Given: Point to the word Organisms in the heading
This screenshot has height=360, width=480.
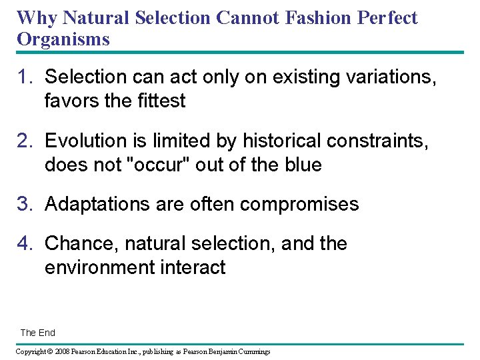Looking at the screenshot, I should (x=63, y=39).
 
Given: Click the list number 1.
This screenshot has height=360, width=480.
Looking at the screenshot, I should (x=25, y=77).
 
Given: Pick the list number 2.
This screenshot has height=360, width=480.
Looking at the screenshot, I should (x=25, y=141).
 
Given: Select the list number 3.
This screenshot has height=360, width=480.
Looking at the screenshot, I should (x=25, y=204).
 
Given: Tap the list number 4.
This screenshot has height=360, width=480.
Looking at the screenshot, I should (x=25, y=243).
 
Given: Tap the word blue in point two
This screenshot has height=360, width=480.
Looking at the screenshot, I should (x=301, y=165).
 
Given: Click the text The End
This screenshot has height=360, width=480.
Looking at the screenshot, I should (x=38, y=333).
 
